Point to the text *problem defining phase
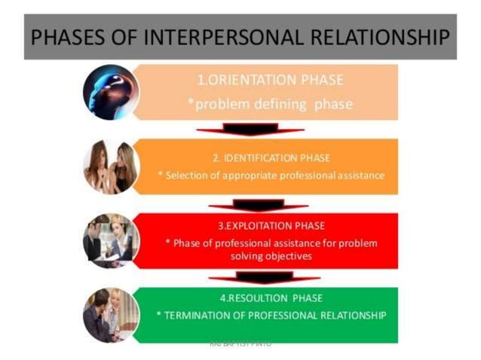pyautogui.click(x=270, y=104)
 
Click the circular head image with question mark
pyautogui.click(x=111, y=92)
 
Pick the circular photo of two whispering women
pyautogui.click(x=111, y=166)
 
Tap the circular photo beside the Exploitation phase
pyautogui.click(x=111, y=241)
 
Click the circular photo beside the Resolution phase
pyautogui.click(x=111, y=314)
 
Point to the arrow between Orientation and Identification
pyautogui.click(x=249, y=130)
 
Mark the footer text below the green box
pyautogui.click(x=241, y=344)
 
